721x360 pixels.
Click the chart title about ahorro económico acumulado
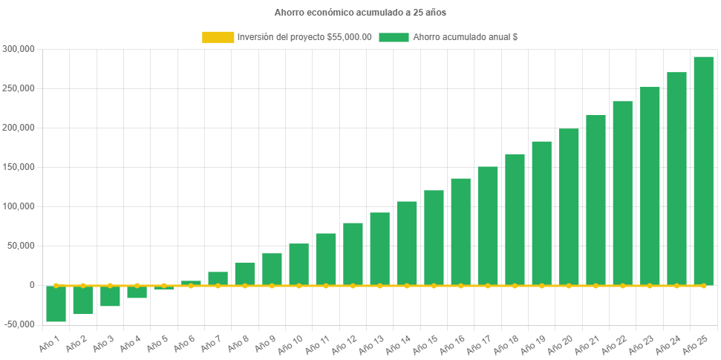tap(360, 13)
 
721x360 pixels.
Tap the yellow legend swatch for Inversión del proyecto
tap(218, 37)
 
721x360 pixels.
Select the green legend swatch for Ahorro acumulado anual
tap(394, 37)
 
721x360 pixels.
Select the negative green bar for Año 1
tap(56, 304)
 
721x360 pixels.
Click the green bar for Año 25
tap(703, 171)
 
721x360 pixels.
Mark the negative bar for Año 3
tap(110, 296)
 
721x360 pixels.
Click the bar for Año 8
tap(245, 273)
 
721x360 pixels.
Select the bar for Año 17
tap(488, 226)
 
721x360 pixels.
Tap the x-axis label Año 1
tap(49, 342)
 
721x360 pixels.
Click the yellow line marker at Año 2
tap(82, 285)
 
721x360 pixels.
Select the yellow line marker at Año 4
tap(137, 285)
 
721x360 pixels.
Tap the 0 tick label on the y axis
tap(32, 285)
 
